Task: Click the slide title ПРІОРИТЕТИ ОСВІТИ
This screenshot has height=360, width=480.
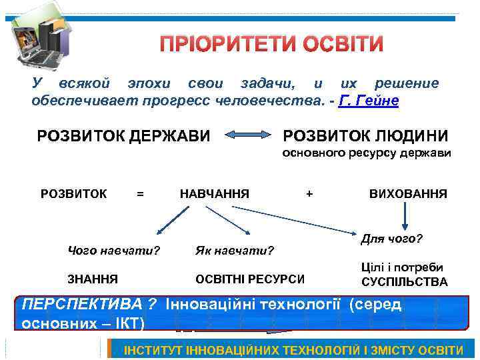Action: pos(272,45)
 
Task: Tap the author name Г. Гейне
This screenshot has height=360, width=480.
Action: pos(369,101)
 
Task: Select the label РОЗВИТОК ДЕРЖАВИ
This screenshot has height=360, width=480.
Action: pos(123,136)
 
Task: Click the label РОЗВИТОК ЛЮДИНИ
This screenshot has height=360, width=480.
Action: pos(365,136)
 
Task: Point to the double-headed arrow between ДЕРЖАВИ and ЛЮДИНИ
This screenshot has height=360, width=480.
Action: pos(247,137)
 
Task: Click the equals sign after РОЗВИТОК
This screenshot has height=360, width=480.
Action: pos(139,194)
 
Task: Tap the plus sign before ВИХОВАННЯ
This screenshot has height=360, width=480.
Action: pos(309,194)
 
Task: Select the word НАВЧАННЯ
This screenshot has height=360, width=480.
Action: pos(215,194)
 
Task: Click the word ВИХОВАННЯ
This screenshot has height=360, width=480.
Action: pos(408,194)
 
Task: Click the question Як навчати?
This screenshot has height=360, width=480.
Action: pos(235,251)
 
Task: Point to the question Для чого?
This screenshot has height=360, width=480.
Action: pos(393,238)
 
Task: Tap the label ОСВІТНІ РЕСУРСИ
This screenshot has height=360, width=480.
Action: pos(250,279)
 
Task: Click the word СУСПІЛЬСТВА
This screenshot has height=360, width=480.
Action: pos(405,282)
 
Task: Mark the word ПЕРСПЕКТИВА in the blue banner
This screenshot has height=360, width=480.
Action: pos(84,304)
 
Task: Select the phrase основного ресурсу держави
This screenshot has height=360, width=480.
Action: pos(367,153)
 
